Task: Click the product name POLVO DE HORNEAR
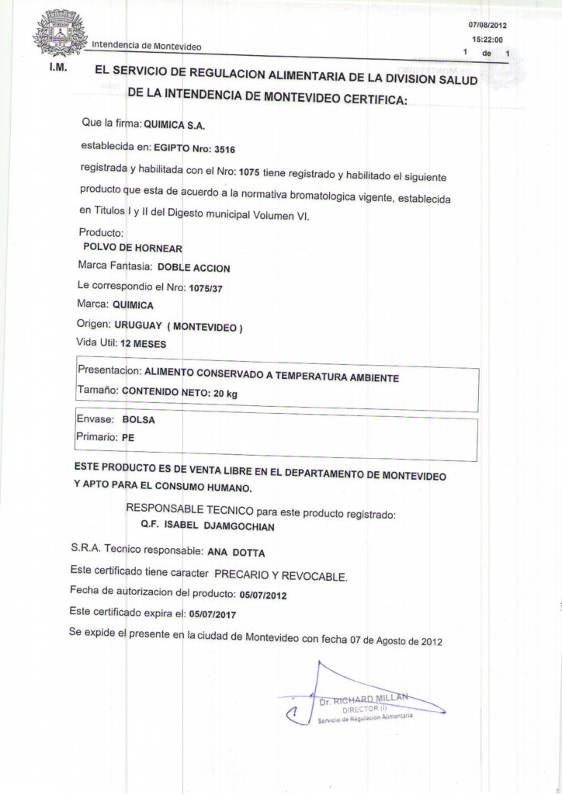click(x=131, y=248)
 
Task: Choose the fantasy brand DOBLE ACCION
click(x=194, y=268)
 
